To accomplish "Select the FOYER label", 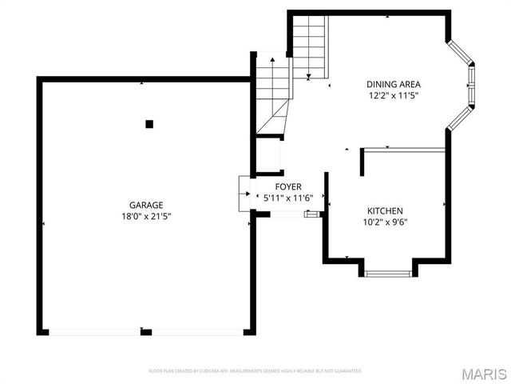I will pyautogui.click(x=287, y=186).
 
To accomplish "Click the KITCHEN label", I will pyautogui.click(x=385, y=210).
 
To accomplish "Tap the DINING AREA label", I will pyautogui.click(x=393, y=84).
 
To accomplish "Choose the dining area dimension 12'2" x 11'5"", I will pyautogui.click(x=393, y=95).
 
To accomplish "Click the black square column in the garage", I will pyautogui.click(x=149, y=123).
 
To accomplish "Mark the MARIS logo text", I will pyautogui.click(x=484, y=374).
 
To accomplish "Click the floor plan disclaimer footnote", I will pyautogui.click(x=255, y=371).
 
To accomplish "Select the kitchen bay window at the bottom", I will pyautogui.click(x=388, y=274).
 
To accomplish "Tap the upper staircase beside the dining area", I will pyautogui.click(x=310, y=46).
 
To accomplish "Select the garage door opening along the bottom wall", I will pyautogui.click(x=145, y=331).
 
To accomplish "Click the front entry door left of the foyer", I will pyautogui.click(x=244, y=194).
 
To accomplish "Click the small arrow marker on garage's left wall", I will pyautogui.click(x=43, y=223).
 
